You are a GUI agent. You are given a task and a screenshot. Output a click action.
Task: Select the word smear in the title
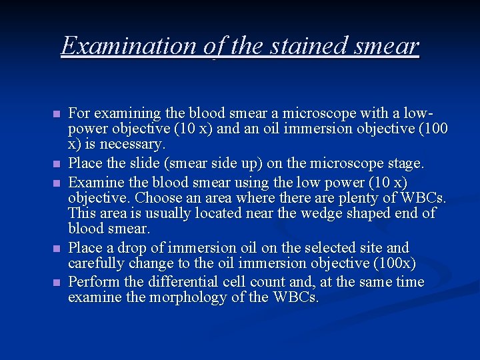point(388,45)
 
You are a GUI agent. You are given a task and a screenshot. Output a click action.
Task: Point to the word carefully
point(98,263)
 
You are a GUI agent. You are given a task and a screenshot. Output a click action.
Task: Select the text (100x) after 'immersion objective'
point(395,263)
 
